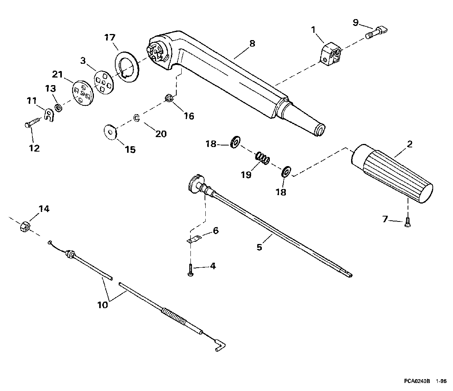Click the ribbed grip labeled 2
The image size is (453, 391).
click(392, 174)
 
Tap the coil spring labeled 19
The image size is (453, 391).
click(262, 158)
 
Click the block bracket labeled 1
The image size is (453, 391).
click(330, 54)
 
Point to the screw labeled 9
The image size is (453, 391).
click(376, 31)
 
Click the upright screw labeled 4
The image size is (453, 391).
click(190, 270)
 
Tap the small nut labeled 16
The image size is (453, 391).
click(169, 98)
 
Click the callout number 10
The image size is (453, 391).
click(103, 305)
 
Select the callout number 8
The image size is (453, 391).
click(252, 44)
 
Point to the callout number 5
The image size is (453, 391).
click(259, 247)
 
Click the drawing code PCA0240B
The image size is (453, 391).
click(417, 381)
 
